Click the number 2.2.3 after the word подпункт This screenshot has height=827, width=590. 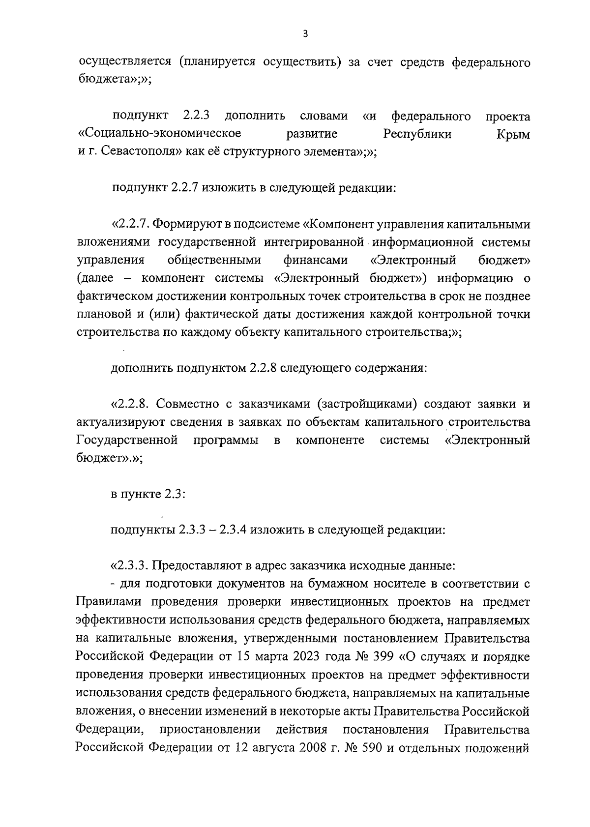[x=196, y=117]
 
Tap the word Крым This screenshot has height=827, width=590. [x=514, y=134]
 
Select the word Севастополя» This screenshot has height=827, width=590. [x=143, y=152]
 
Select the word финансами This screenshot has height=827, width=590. [x=315, y=260]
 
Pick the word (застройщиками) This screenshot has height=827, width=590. [x=364, y=405]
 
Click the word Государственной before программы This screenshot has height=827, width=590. [x=127, y=440]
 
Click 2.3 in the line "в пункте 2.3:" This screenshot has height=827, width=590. [x=174, y=494]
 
